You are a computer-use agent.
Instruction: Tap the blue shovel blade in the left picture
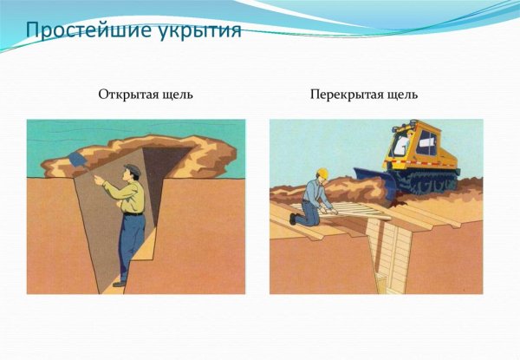(x=76, y=161)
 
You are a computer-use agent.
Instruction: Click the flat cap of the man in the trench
(x=131, y=168)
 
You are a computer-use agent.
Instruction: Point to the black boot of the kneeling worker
(x=294, y=219)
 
